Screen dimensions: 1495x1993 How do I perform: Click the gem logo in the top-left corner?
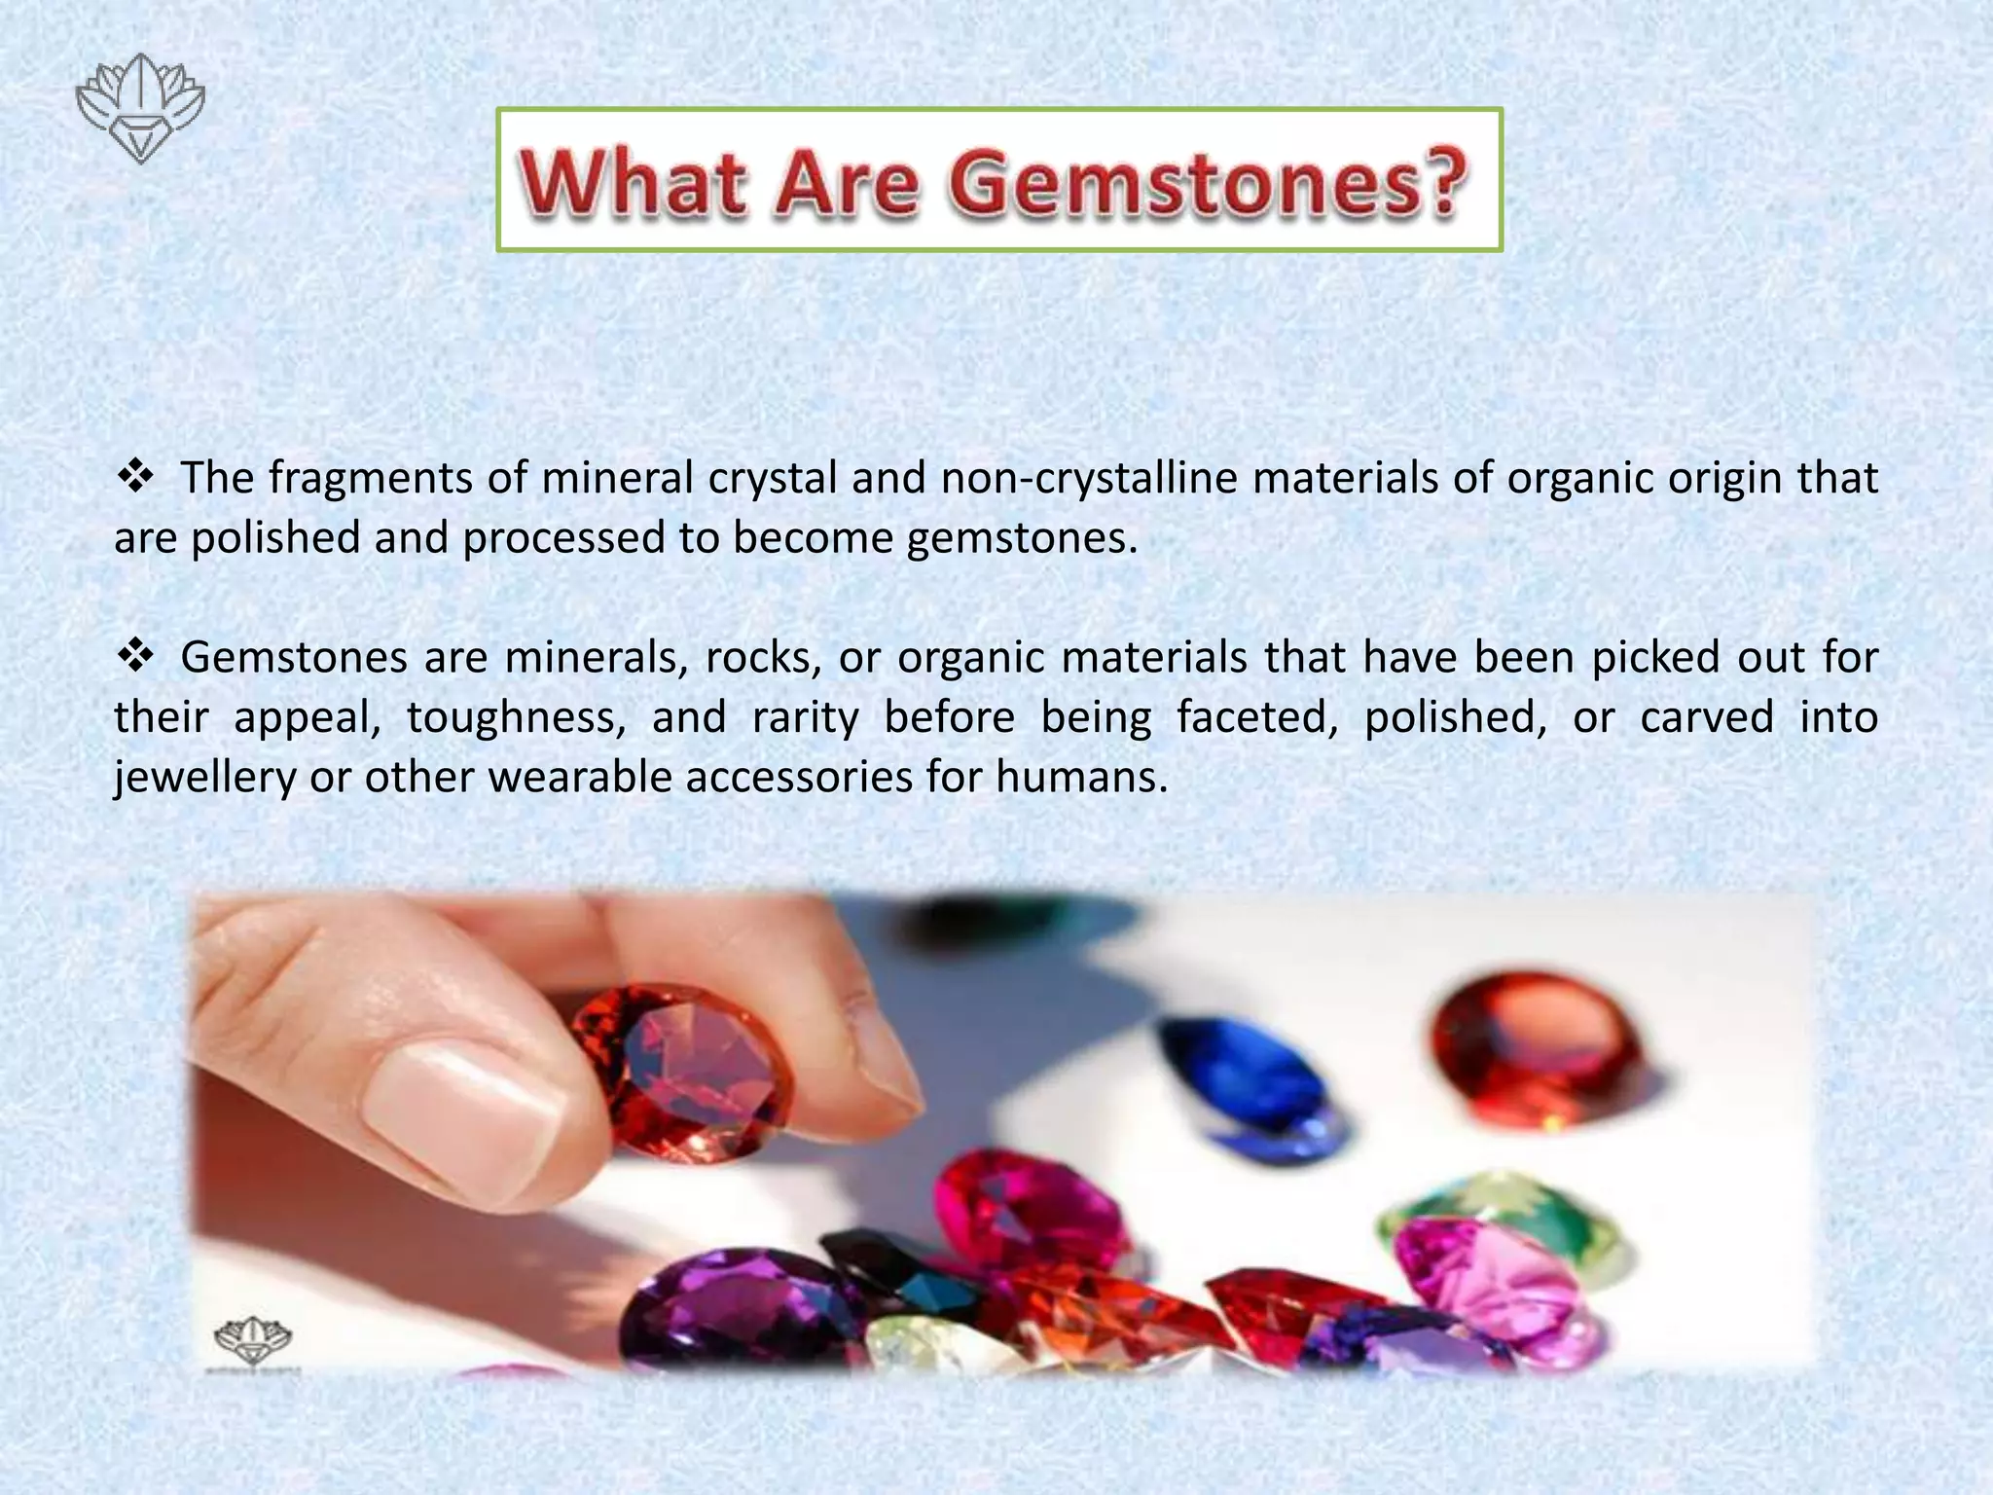[x=140, y=108]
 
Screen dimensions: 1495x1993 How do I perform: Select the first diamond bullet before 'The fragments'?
[x=136, y=477]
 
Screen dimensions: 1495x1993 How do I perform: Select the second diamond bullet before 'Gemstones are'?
[x=136, y=657]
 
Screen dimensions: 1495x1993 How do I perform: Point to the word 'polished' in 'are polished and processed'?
[x=275, y=537]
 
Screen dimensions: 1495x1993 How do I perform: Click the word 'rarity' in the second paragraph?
[x=805, y=717]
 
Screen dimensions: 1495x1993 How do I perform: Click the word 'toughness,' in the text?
[x=517, y=717]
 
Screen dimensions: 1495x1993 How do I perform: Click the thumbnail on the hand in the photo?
[x=467, y=1110]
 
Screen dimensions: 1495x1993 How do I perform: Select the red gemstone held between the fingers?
[x=681, y=1071]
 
